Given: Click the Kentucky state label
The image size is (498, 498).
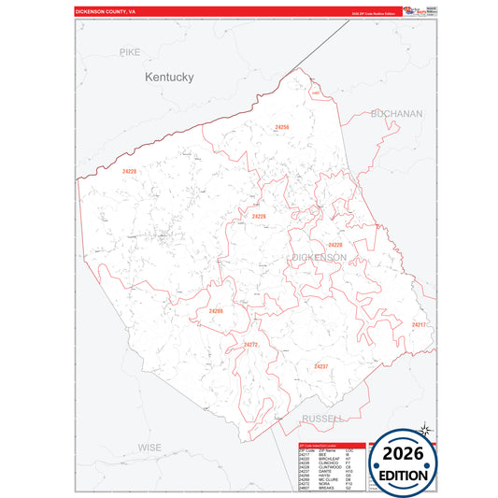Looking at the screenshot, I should pyautogui.click(x=169, y=78).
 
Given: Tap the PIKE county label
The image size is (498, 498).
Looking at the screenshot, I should pyautogui.click(x=130, y=52).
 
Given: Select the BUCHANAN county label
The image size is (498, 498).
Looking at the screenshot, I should pyautogui.click(x=396, y=113).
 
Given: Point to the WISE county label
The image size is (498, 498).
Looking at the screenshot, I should pyautogui.click(x=149, y=448).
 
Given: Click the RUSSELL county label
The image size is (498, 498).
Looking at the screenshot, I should pyautogui.click(x=323, y=418).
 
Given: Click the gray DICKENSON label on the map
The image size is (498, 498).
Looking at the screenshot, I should pyautogui.click(x=319, y=257).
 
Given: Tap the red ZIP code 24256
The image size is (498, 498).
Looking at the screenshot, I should pyautogui.click(x=281, y=127).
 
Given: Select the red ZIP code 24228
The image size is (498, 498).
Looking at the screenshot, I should pyautogui.click(x=129, y=171).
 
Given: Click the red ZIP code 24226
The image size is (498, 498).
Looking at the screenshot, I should pyautogui.click(x=259, y=216).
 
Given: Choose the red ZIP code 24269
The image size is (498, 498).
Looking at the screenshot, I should pyautogui.click(x=216, y=311).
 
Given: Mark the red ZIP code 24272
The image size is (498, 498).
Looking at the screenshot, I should pyautogui.click(x=250, y=345).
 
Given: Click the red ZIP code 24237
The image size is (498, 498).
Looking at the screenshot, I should pyautogui.click(x=320, y=365).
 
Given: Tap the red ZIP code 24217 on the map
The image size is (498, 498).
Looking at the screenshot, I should pyautogui.click(x=418, y=324).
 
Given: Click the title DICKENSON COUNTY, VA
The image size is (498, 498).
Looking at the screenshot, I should pyautogui.click(x=105, y=11).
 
